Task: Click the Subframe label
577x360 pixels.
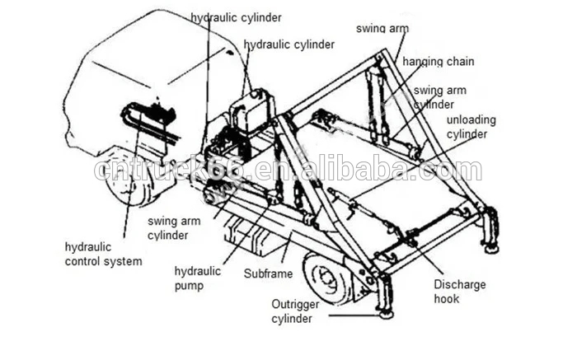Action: [x=268, y=274]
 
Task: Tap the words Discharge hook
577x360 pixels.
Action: [x=460, y=292]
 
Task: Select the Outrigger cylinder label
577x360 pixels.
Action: [x=295, y=311]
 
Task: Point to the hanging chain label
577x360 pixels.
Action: [x=438, y=62]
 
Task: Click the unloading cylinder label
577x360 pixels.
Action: [x=471, y=127]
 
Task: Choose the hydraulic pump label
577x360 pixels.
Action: [x=197, y=278]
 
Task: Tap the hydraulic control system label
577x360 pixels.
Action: [x=103, y=254]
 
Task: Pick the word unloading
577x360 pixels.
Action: [x=471, y=120]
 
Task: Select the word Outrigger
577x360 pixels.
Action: [x=295, y=305]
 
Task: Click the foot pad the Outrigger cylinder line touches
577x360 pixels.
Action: [x=386, y=315]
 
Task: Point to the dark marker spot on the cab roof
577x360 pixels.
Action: [x=230, y=53]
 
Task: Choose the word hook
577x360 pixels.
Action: [x=447, y=298]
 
